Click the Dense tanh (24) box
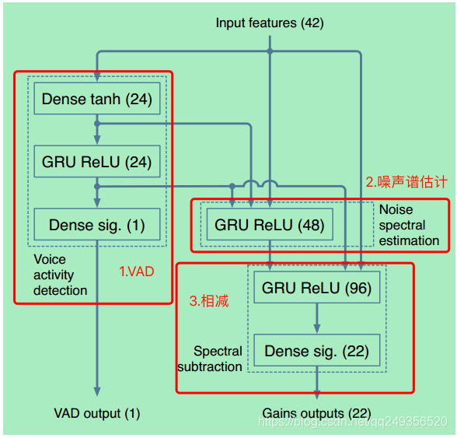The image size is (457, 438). click(96, 99)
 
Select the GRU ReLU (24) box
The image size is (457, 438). click(96, 163)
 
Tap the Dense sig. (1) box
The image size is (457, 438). click(96, 226)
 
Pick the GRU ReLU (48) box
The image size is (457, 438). click(269, 226)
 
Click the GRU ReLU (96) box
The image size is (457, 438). click(316, 288)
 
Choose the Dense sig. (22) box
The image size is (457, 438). click(316, 351)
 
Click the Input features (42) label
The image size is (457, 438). click(269, 23)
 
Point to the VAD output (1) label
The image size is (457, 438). click(96, 413)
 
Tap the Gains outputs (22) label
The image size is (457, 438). click(317, 413)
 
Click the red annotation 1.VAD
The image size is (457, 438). click(138, 273)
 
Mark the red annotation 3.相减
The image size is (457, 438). click(209, 301)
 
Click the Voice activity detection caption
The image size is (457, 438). click(60, 275)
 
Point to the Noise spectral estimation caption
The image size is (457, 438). click(409, 225)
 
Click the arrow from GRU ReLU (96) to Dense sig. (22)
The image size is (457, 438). click(316, 319)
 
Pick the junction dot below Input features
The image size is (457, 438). click(269, 51)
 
